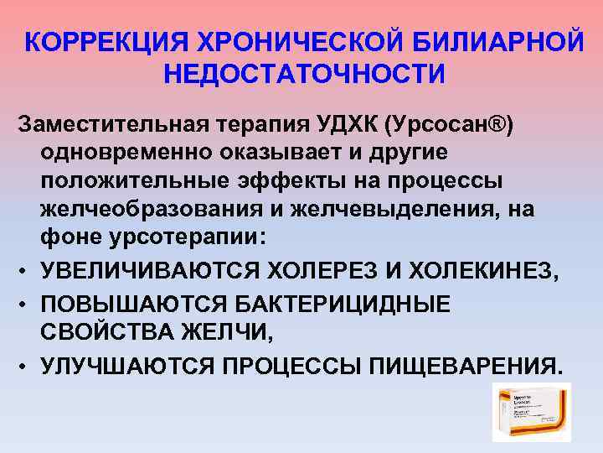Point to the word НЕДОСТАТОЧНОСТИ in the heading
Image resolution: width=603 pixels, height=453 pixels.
[304, 74]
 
